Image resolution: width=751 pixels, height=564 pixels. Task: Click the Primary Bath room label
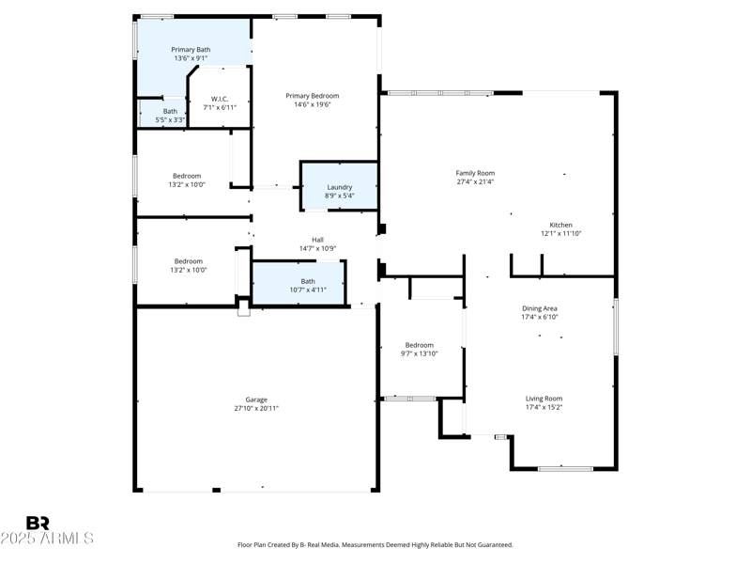191,49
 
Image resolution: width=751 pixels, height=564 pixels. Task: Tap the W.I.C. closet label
220,99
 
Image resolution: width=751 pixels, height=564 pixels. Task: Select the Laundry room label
339,187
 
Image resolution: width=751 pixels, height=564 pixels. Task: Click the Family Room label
475,173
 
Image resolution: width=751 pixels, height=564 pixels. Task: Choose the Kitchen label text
560,225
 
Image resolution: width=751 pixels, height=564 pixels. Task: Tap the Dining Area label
540,308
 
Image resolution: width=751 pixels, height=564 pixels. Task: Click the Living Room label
544,399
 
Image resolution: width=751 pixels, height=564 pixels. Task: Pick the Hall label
317,240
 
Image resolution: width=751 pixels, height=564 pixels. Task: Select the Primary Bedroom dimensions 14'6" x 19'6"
313,104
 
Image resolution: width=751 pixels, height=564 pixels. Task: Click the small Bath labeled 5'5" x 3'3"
170,116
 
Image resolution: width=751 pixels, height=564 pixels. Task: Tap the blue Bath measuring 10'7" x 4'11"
308,286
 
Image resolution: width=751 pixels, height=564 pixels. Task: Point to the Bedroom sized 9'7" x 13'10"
419,349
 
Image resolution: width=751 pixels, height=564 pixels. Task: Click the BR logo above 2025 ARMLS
38,523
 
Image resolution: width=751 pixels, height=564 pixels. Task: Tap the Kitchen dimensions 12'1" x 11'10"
560,233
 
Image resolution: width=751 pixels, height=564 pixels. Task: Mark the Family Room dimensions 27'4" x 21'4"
475,181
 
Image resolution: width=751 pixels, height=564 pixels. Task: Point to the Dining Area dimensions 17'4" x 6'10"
540,317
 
